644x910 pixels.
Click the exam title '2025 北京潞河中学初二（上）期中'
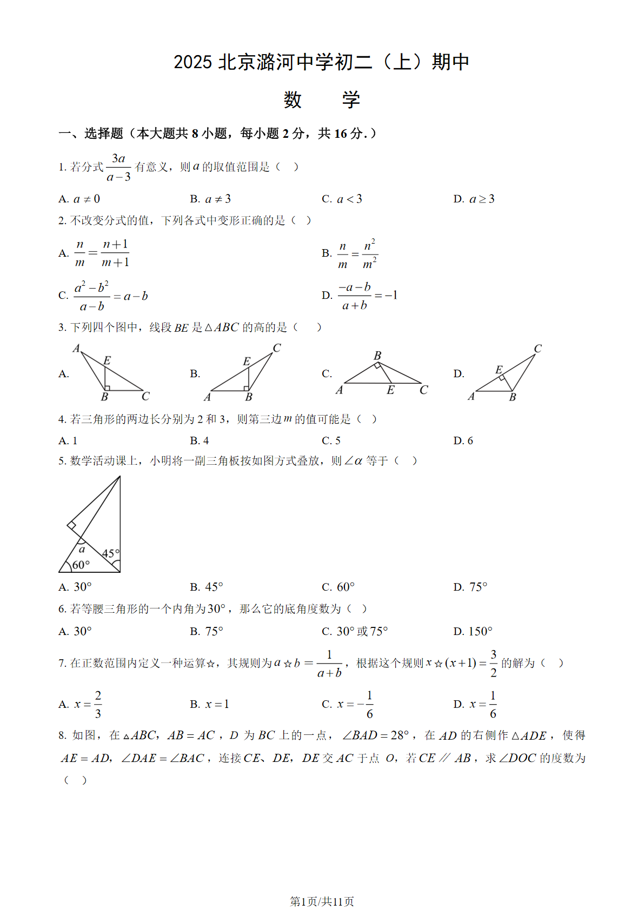321,62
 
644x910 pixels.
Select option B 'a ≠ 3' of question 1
211,199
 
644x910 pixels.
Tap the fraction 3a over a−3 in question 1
119,168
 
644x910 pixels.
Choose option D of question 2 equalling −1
360,296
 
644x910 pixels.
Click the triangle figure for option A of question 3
110,372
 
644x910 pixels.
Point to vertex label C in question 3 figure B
277,347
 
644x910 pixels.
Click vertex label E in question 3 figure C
390,390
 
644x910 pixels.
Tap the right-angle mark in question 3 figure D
503,377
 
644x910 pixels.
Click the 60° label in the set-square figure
81,565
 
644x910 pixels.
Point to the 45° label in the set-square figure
110,553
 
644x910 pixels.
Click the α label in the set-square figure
82,550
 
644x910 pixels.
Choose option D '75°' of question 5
470,587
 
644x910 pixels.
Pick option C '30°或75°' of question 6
355,631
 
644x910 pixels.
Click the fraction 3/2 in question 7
493,663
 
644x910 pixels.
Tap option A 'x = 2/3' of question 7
81,704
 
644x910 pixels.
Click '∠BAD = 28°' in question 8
376,735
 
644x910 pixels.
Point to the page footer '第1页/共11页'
322,901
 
